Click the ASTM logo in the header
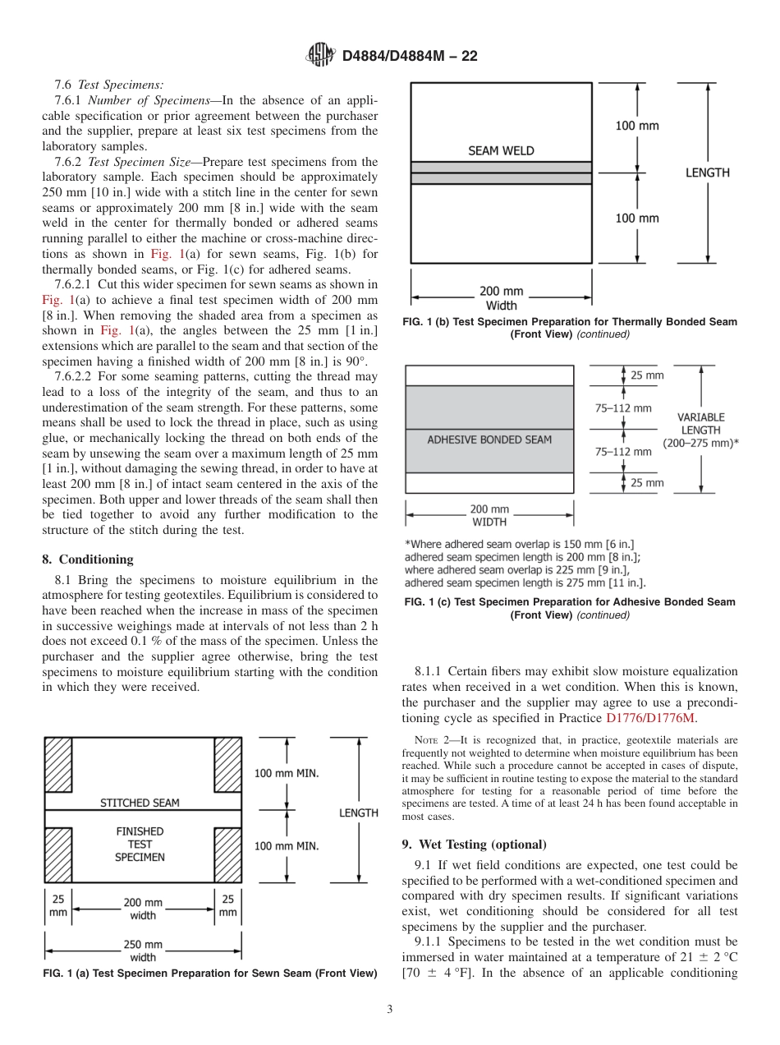pos(320,55)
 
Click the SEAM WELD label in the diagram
pos(501,151)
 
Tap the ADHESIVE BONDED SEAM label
pos(489,440)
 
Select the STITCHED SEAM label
pos(140,803)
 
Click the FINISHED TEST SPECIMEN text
pos(140,844)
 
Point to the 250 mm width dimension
pos(143,951)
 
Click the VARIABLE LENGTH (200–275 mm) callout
pos(700,430)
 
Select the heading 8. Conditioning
pos(88,559)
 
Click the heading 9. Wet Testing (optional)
pos(474,845)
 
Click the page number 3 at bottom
pos(389,1010)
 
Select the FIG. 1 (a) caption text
pos(209,974)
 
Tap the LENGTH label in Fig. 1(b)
pos(707,173)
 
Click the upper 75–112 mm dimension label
pos(623,407)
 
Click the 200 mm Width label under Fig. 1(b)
pos(502,298)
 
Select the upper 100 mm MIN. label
pos(287,773)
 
